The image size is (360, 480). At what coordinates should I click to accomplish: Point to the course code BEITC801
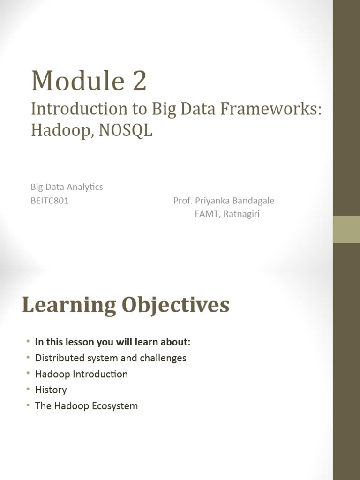click(x=50, y=201)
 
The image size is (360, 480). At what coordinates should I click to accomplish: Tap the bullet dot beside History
click(x=28, y=389)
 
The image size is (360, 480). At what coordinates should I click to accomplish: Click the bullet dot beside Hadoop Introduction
click(x=28, y=374)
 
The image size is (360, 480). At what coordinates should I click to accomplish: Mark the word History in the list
click(x=51, y=390)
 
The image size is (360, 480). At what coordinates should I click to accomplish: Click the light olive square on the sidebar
click(x=346, y=229)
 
